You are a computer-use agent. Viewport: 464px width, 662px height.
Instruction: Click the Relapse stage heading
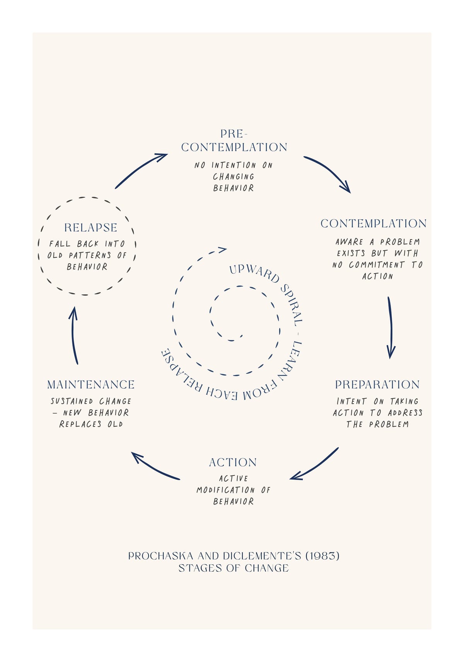(x=90, y=227)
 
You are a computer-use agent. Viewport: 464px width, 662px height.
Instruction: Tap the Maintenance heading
(x=91, y=384)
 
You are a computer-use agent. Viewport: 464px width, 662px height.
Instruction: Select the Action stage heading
(x=233, y=463)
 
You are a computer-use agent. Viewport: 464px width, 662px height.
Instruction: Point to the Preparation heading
(x=377, y=384)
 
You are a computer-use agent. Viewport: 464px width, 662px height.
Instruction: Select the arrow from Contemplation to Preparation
(x=391, y=328)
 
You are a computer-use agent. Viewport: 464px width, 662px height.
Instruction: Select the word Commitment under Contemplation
(x=376, y=265)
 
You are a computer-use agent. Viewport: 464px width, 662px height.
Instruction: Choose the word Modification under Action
(x=225, y=490)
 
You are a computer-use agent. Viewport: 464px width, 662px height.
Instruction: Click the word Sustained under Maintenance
(x=72, y=401)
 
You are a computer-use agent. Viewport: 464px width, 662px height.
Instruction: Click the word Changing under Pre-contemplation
(x=234, y=177)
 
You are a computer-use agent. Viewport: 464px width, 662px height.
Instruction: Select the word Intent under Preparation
(x=351, y=401)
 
